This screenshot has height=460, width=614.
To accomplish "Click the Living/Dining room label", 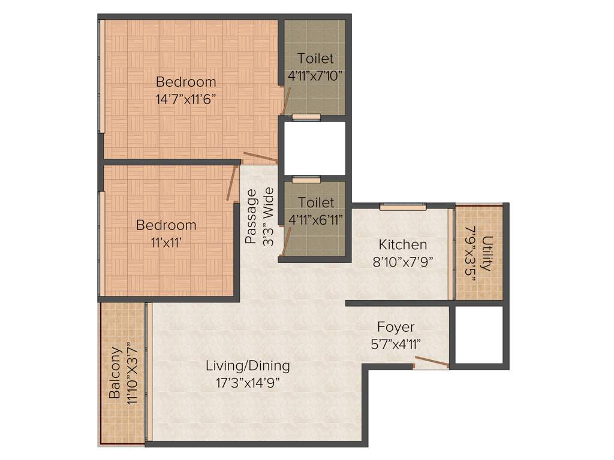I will point(248,365).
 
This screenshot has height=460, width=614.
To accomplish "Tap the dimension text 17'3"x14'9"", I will point(248,382).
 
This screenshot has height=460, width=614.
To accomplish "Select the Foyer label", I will point(396,327).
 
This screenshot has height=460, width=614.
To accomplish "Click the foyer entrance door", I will point(431,361).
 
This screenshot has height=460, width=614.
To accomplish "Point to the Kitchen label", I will point(402,244).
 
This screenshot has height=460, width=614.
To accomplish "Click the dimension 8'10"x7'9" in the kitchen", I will point(402,261).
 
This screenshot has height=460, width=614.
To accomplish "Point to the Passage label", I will point(251,216).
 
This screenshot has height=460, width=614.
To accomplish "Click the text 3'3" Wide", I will point(269,216).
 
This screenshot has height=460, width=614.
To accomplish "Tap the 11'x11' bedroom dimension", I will point(166,241).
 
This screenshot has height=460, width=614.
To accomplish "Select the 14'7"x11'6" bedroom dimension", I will point(186,98).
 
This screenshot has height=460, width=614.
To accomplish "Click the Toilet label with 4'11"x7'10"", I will point(315,59).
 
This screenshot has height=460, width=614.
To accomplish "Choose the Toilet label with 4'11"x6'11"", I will point(316,203).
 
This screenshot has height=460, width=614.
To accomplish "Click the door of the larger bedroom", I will point(260,157).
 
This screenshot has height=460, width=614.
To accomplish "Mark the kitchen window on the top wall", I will point(403,207).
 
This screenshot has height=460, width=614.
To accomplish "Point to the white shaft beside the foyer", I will point(478,335).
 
